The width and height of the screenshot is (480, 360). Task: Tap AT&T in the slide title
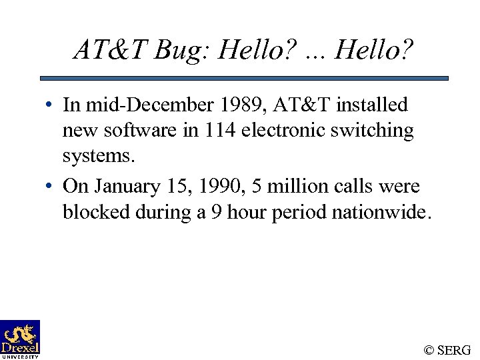click(111, 49)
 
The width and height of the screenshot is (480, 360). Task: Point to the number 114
click(219, 130)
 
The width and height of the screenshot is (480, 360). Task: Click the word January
click(127, 187)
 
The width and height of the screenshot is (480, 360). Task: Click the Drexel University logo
click(20, 339)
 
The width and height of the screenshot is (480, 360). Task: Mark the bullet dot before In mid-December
click(50, 105)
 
